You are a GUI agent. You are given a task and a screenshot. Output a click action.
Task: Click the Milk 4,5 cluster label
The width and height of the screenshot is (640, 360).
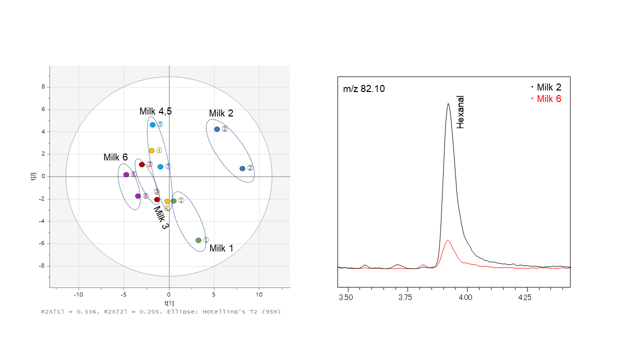(155, 111)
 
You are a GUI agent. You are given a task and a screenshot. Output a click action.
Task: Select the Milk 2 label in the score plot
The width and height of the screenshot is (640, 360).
(221, 113)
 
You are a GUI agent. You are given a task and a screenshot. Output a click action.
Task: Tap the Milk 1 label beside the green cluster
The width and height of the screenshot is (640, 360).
(221, 248)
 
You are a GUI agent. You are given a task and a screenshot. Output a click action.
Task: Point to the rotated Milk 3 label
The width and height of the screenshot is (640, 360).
(161, 218)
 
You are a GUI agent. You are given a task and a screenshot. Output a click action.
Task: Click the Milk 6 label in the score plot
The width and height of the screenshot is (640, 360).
(115, 157)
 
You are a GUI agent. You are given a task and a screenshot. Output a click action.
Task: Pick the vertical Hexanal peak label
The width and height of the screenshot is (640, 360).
(460, 112)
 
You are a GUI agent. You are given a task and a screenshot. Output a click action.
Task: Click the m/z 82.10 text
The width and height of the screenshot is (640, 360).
(364, 89)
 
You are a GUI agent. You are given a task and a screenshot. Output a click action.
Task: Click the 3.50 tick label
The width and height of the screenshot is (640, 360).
(345, 296)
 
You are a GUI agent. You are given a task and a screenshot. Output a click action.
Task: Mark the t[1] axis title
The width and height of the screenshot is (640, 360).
(169, 303)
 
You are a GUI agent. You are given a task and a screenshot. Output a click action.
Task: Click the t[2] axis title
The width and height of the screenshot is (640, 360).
(33, 176)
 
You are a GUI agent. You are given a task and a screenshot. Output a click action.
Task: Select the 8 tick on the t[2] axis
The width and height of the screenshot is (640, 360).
(43, 87)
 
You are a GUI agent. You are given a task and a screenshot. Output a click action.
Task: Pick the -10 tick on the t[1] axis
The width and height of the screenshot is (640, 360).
(78, 294)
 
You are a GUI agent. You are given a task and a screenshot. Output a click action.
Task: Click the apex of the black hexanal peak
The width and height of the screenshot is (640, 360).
(448, 103)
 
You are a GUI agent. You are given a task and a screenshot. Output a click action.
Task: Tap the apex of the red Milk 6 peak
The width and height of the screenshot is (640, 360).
(448, 240)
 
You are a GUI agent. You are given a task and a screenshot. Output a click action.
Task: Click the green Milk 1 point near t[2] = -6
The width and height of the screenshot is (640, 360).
(198, 240)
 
